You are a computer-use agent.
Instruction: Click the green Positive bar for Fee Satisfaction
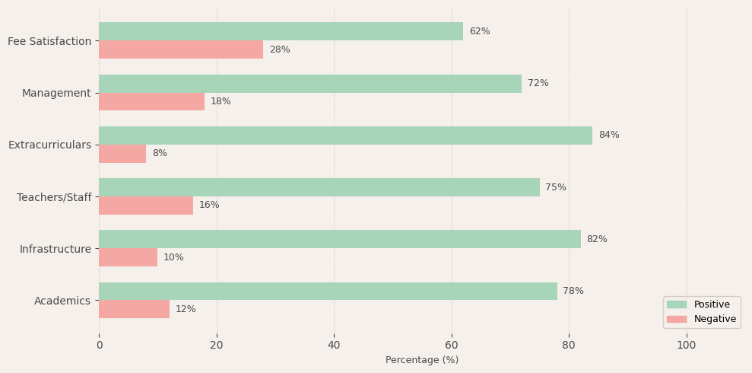coord(281,31)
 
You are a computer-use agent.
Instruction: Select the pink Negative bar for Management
coord(151,102)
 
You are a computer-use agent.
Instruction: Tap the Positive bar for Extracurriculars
coord(345,135)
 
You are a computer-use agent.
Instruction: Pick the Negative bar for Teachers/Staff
coord(146,206)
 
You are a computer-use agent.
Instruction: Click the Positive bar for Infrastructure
coord(339,239)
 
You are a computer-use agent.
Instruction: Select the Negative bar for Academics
coord(134,309)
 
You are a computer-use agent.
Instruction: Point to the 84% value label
coord(608,135)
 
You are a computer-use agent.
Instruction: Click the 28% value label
coord(279,50)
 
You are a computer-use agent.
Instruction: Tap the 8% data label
coord(160,154)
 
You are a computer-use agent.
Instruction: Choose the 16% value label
coord(209,206)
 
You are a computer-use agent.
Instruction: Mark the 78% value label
coord(573,292)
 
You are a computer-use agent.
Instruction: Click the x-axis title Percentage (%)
coord(422,360)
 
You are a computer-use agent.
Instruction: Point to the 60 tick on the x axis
coord(452,345)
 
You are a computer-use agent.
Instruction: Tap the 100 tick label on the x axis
coord(687,345)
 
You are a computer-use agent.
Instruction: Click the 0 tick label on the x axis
coord(99,345)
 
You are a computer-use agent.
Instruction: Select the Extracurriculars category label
coord(49,145)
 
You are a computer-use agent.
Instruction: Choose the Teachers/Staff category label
coord(54,197)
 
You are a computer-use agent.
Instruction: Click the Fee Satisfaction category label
coord(49,41)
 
